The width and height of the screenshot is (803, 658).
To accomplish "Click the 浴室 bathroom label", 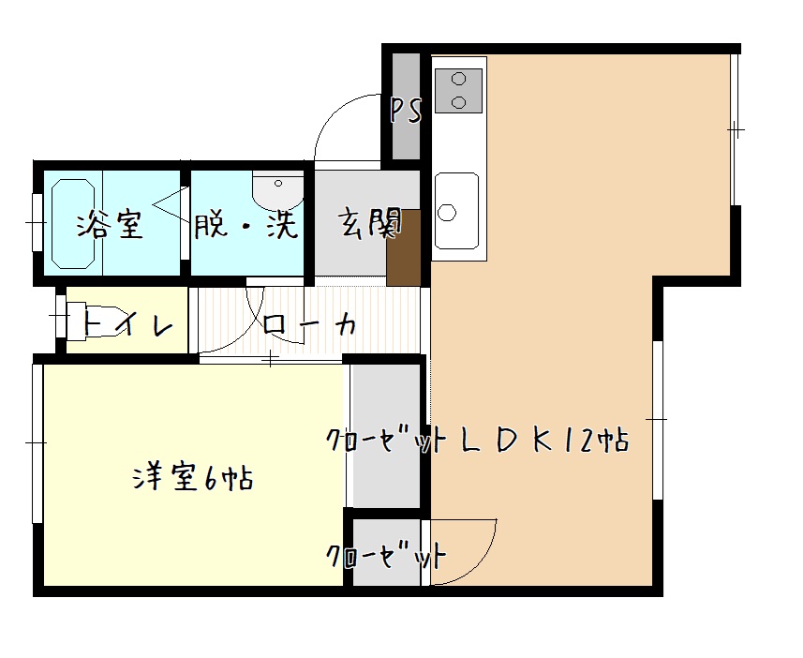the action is point(111,226).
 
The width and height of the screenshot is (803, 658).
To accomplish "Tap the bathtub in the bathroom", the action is point(73,223).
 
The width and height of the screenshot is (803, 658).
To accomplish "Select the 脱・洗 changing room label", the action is point(246,226).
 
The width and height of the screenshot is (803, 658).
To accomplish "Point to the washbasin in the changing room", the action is point(278,190).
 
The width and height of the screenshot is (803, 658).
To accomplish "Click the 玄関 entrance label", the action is point(369,224).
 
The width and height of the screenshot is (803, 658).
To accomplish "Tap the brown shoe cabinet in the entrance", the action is point(404,247).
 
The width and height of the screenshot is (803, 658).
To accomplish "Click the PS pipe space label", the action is point(406,111).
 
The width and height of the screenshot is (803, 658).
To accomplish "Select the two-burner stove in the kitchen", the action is point(458,91).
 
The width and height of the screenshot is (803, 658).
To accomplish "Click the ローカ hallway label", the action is point(309,324).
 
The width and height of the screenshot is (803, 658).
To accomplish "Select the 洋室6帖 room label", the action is point(193,479).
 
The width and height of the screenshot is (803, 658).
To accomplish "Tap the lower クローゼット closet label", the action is point(387,555).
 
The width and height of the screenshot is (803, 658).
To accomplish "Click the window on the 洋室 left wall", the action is point(37,443).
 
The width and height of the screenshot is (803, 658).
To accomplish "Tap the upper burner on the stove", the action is point(459,80).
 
